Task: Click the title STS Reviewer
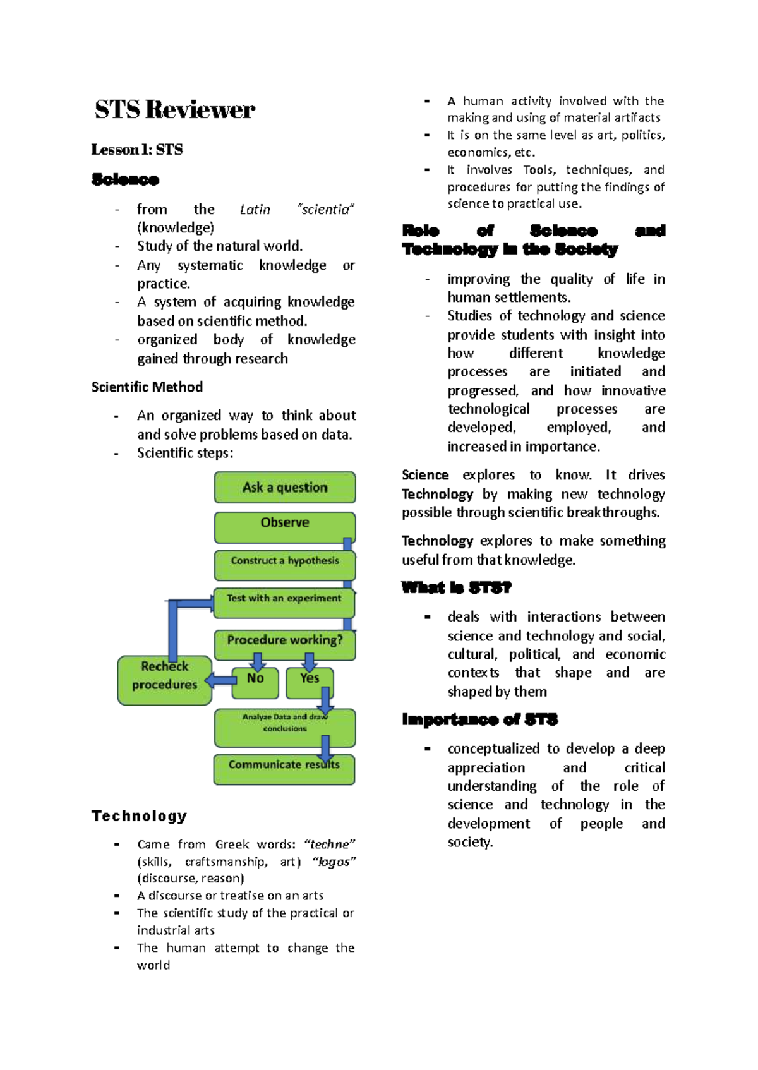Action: [175, 109]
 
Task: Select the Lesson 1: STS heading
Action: [137, 150]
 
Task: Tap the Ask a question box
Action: [285, 488]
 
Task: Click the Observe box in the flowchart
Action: [285, 524]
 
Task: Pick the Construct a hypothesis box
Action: [285, 562]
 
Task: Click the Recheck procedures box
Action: [164, 679]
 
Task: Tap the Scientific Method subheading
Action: [147, 387]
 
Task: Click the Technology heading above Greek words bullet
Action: [139, 815]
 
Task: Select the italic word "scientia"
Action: [326, 210]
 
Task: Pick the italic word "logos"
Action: [334, 862]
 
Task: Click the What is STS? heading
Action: [456, 588]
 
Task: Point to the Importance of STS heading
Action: [479, 719]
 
